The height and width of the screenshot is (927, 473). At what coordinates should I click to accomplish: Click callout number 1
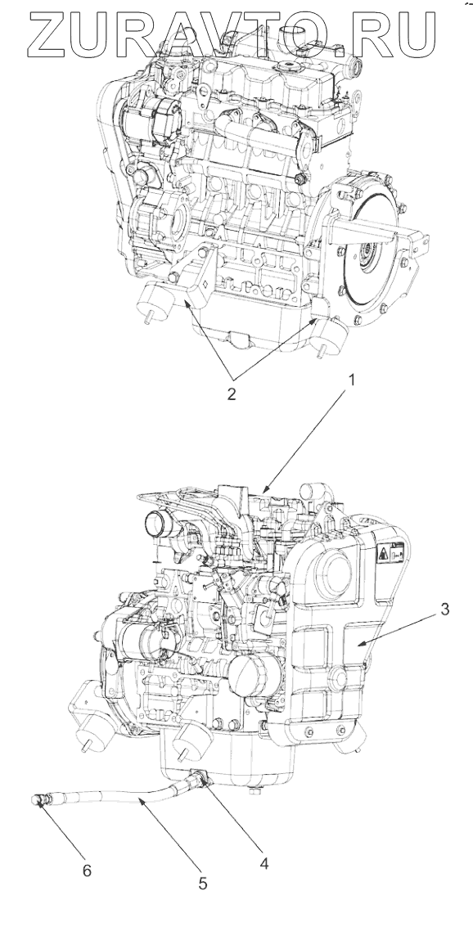(x=351, y=381)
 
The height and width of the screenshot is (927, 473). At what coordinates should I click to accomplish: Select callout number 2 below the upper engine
(x=231, y=394)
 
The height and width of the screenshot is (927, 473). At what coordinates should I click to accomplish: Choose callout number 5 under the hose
(x=203, y=884)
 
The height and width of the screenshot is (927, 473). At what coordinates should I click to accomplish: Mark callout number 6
(x=88, y=871)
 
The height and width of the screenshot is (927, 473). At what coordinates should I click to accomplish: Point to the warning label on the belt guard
(x=390, y=552)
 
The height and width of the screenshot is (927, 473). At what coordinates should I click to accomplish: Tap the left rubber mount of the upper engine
(x=152, y=302)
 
